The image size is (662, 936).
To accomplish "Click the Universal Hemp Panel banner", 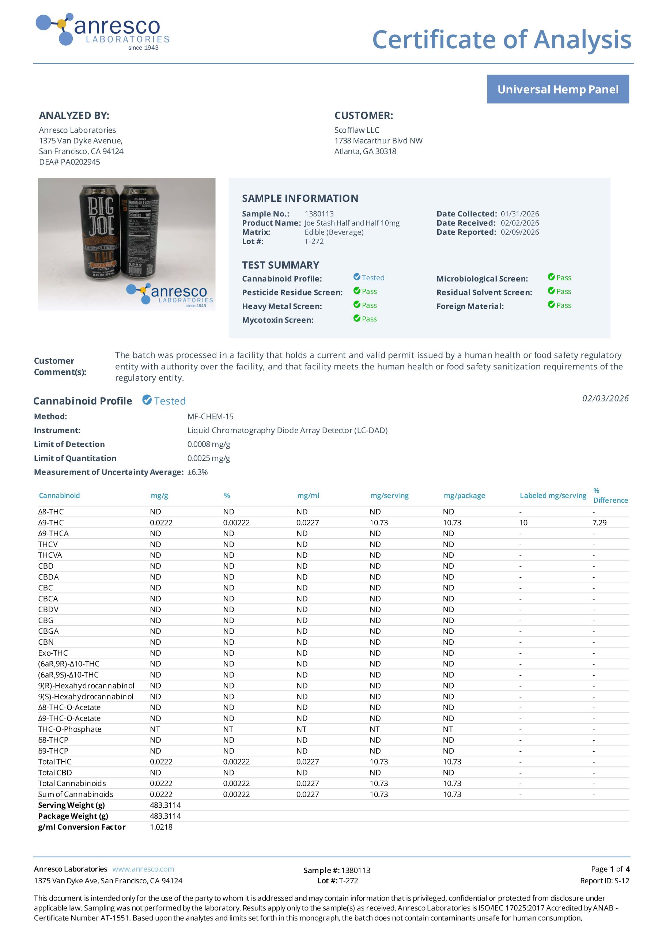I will pos(558,89).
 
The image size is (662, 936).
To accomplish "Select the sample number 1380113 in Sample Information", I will pos(319,214).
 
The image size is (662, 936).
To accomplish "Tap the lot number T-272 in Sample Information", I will pos(314,241).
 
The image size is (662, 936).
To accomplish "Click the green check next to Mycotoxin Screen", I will pos(357,318).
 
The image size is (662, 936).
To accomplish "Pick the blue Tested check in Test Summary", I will pos(357,277).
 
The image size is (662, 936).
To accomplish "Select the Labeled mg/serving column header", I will pos(553,495).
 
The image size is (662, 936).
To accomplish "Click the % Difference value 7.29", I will pos(599,522).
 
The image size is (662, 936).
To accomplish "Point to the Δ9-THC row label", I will pos(51,522).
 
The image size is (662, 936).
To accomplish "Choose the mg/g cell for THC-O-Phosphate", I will pos(155,729).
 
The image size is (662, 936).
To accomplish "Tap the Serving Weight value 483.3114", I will pos(165,805).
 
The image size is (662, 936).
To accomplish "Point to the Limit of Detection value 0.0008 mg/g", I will pos(209,444).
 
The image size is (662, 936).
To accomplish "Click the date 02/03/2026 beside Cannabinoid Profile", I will pos(605,398).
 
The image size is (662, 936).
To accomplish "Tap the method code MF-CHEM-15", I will pos(210,417).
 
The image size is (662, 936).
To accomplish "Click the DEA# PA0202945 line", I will pos(69,162).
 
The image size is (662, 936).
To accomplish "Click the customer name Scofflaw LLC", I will pos(357,130).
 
